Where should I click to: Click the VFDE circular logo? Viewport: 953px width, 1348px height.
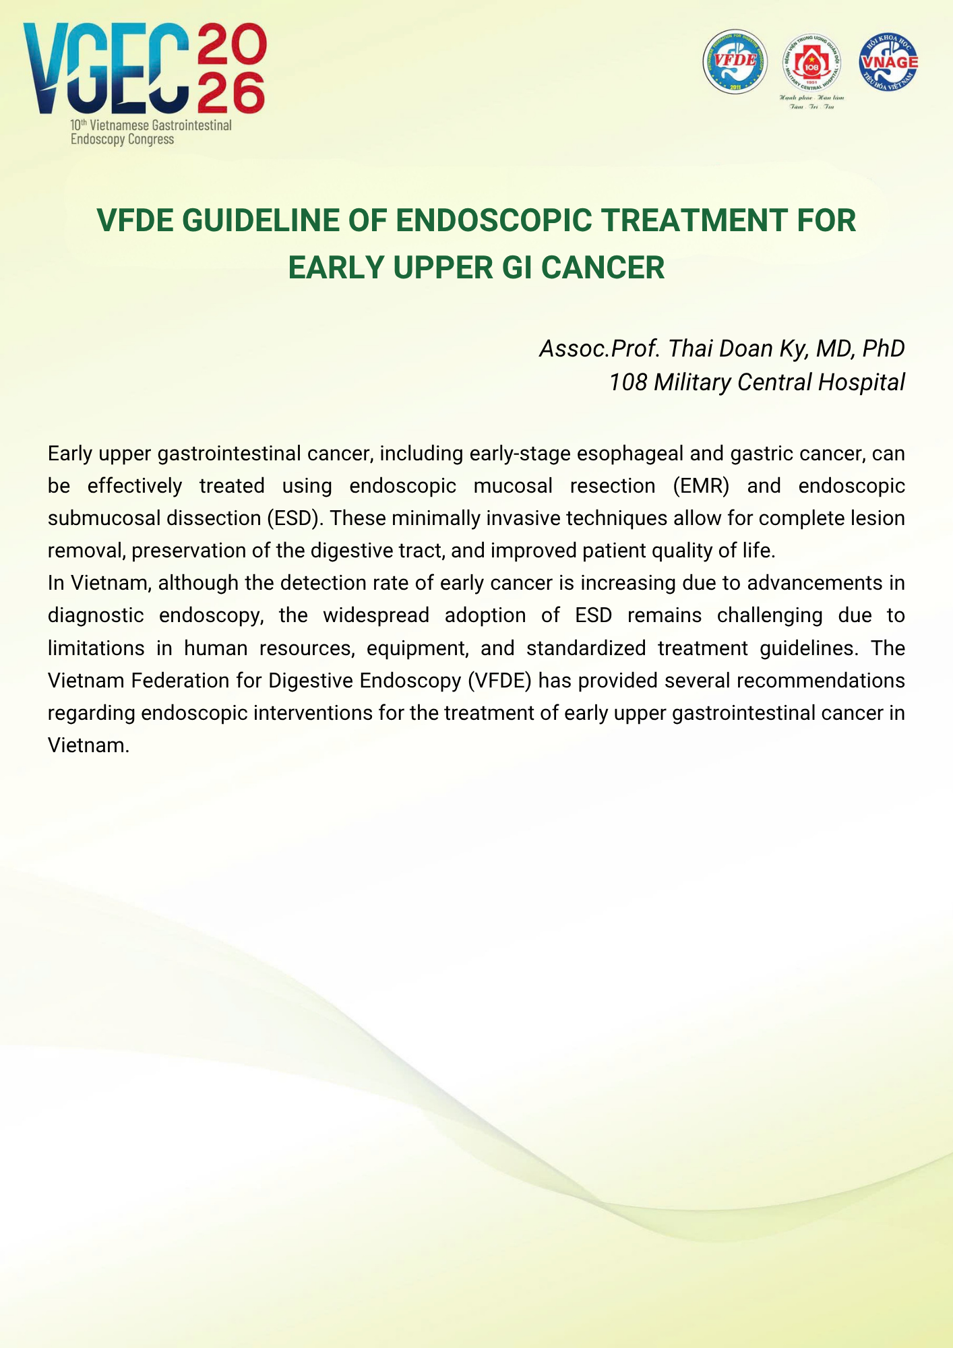[x=735, y=61]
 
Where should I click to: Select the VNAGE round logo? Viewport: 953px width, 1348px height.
[x=888, y=61]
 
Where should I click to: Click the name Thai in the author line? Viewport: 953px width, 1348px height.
[x=690, y=348]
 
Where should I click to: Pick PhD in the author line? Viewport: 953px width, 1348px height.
[x=883, y=348]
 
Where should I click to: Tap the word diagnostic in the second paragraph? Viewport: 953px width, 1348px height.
[x=95, y=615]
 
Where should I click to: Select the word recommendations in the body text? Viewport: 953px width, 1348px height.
[x=820, y=680]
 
